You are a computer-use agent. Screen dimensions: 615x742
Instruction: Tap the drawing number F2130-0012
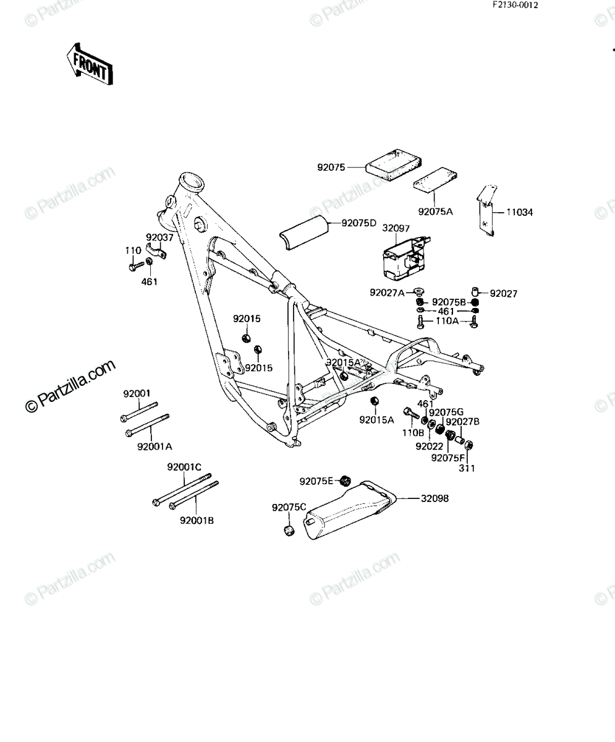pyautogui.click(x=515, y=5)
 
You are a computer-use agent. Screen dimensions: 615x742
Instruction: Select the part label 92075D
pyautogui.click(x=358, y=223)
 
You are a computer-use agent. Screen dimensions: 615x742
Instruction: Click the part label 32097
pyautogui.click(x=396, y=228)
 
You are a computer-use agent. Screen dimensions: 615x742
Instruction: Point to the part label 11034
pyautogui.click(x=519, y=213)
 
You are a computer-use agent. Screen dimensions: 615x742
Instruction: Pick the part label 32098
pyautogui.click(x=435, y=498)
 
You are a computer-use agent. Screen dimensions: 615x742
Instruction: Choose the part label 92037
pyautogui.click(x=159, y=237)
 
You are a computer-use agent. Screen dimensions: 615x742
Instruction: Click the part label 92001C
pyautogui.click(x=184, y=467)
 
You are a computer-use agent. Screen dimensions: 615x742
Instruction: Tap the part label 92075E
pyautogui.click(x=316, y=481)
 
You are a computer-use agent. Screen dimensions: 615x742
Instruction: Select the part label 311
pyautogui.click(x=467, y=468)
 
